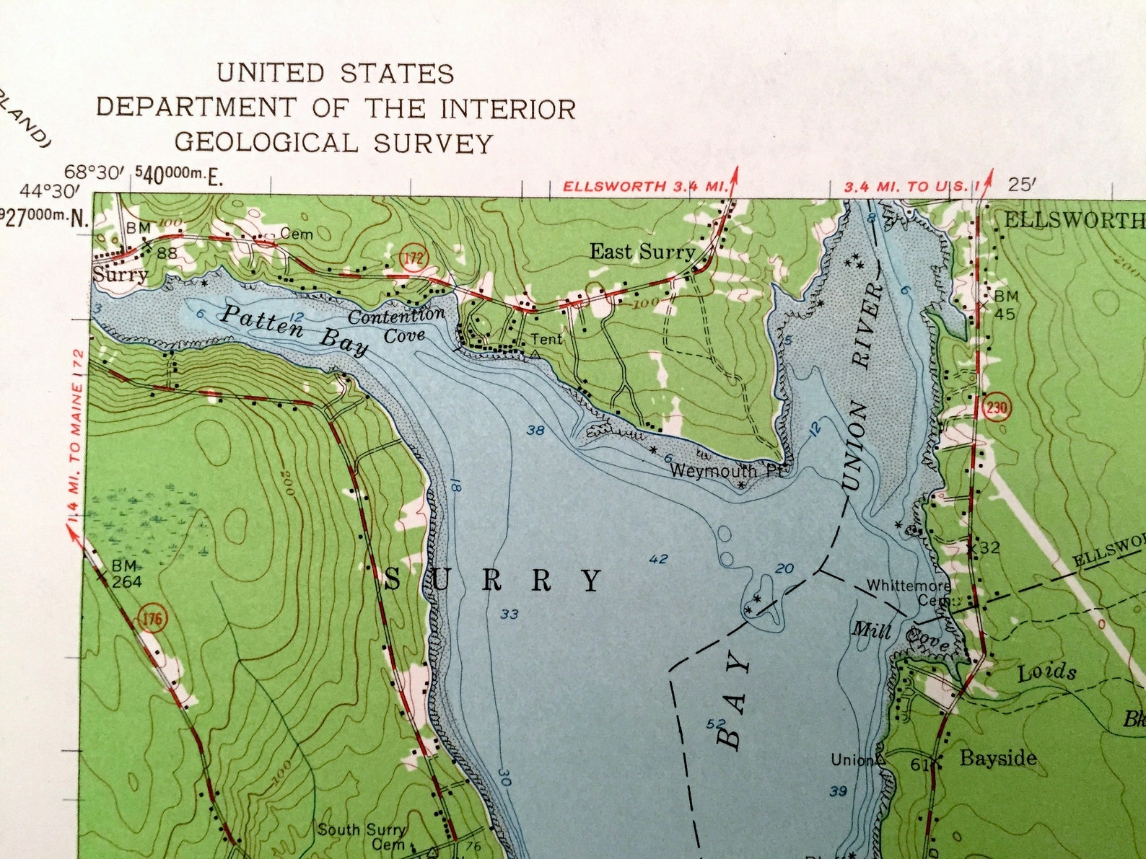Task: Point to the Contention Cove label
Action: click(396, 325)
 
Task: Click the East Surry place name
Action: click(642, 252)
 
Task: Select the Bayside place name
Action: click(998, 757)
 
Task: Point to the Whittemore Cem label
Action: click(909, 592)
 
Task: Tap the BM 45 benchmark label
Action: click(1006, 304)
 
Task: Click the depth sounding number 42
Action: click(658, 558)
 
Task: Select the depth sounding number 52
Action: click(716, 723)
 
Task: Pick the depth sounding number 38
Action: click(535, 431)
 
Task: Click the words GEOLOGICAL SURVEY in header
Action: click(333, 143)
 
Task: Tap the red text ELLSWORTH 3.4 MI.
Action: click(644, 186)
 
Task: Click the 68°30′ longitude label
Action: click(95, 172)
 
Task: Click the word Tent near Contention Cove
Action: click(546, 338)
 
